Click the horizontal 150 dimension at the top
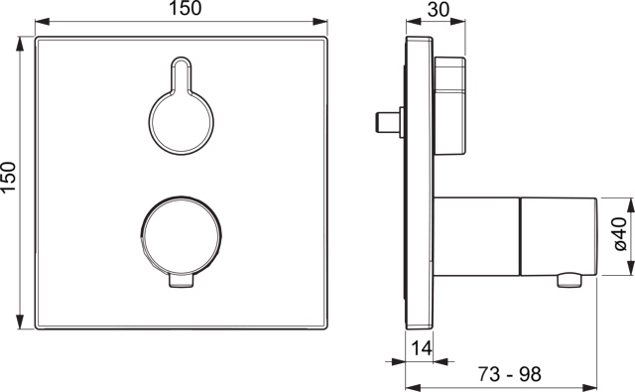click(186, 9)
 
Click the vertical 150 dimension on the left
click(9, 178)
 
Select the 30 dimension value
click(439, 9)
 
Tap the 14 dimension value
click(422, 348)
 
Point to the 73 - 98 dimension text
click(509, 374)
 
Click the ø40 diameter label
click(619, 233)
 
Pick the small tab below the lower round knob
click(181, 281)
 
